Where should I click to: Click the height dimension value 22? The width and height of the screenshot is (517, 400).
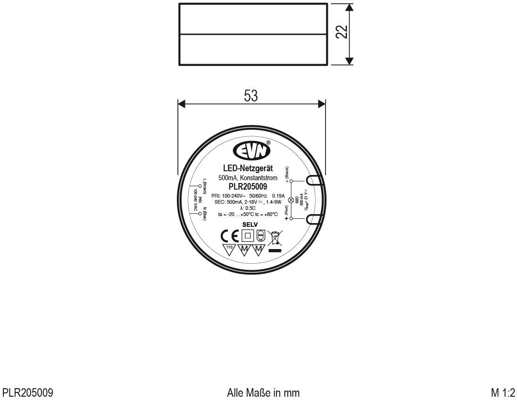[344, 32]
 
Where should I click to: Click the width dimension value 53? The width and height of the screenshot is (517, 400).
[251, 96]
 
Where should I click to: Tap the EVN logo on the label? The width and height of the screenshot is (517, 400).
[251, 151]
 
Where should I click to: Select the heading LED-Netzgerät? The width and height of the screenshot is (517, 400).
[251, 168]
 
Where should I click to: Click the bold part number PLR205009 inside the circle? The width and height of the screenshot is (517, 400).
[251, 186]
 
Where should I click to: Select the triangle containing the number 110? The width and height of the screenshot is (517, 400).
[229, 249]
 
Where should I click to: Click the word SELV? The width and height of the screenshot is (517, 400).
[251, 225]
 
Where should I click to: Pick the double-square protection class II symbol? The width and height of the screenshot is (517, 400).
[247, 235]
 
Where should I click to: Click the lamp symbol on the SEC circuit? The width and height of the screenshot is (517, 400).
[291, 200]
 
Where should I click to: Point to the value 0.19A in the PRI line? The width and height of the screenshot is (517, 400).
[279, 195]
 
